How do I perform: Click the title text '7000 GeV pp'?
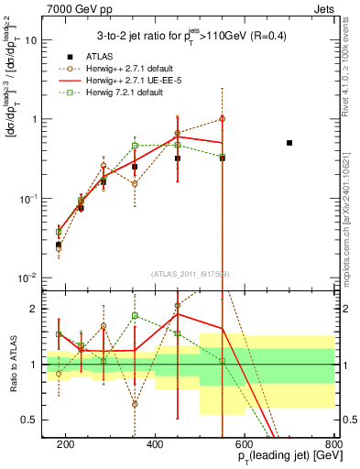tap(71, 7)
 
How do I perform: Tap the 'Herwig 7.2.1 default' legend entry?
tap(127, 94)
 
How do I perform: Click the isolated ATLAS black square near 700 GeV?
tap(289, 143)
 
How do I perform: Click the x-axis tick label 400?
tap(155, 444)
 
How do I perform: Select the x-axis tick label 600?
tap(245, 444)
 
